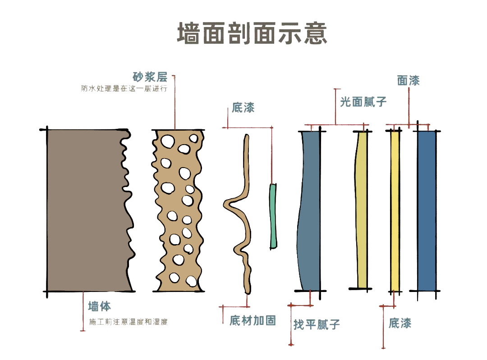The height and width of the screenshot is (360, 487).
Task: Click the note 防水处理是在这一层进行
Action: point(124,89)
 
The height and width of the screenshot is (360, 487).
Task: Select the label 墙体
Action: point(99,307)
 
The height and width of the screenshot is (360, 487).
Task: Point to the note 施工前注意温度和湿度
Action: point(129,322)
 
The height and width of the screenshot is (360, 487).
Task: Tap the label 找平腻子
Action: point(317,324)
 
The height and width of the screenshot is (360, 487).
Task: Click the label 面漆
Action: point(409,81)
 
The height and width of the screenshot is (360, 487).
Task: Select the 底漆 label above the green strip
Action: point(243,108)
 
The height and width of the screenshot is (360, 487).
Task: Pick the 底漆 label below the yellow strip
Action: point(400,323)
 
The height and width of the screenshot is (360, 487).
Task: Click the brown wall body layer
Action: point(83,210)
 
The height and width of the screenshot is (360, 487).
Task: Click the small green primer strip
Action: point(273,216)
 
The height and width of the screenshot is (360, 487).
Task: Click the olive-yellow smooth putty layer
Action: point(362,210)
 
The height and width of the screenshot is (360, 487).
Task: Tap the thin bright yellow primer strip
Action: point(395,210)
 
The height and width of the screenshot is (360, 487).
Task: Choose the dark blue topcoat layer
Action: point(427,210)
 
